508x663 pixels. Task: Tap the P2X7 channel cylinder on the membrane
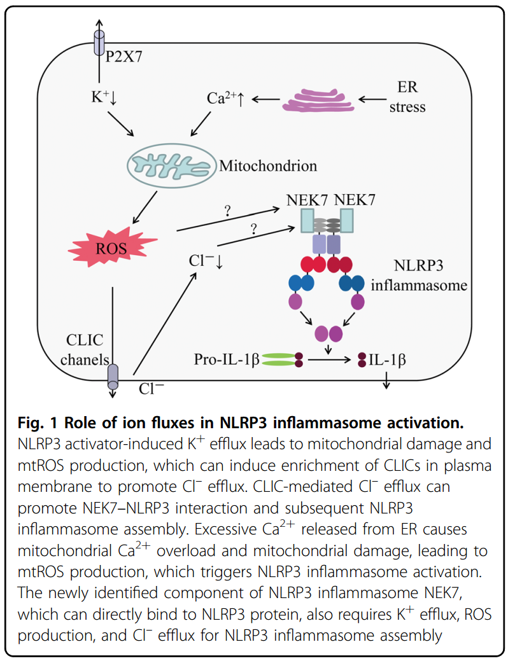pyautogui.click(x=99, y=44)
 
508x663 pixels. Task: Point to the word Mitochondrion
pyautogui.click(x=268, y=167)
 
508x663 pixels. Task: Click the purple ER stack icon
pyautogui.click(x=316, y=101)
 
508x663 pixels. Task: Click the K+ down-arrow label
pyautogui.click(x=101, y=99)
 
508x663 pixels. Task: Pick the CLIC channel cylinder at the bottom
pyautogui.click(x=112, y=375)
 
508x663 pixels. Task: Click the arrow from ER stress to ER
pyautogui.click(x=375, y=99)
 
